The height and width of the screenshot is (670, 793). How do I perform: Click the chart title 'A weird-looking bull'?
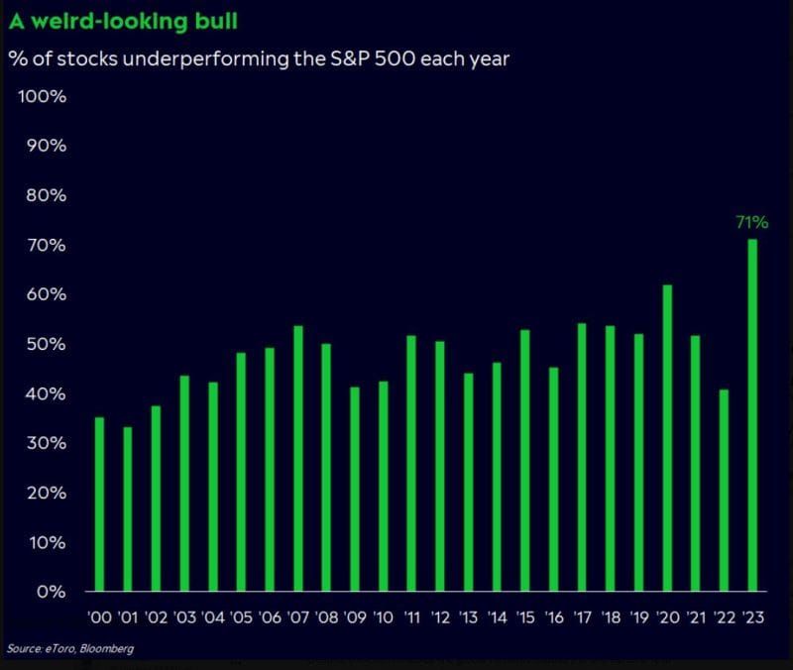124,21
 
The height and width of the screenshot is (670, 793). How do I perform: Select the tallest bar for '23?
753,415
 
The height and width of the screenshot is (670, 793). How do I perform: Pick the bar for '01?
127,509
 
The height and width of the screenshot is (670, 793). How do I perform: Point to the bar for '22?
725,491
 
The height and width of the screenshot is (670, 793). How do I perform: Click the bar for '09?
355,490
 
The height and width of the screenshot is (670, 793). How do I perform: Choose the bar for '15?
525,461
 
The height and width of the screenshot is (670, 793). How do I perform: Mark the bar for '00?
99,504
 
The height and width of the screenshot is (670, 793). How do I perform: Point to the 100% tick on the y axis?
42,96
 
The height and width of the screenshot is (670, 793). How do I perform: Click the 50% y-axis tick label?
46,344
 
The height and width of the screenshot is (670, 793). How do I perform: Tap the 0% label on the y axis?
51,592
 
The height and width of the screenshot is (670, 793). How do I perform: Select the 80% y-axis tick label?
46,195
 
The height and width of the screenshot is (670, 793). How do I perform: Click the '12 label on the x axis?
440,617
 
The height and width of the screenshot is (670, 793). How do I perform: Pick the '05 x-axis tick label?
241,617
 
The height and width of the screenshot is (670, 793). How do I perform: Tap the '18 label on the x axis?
611,617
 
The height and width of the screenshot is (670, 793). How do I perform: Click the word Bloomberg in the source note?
106,649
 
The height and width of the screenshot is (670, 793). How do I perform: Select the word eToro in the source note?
57,649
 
